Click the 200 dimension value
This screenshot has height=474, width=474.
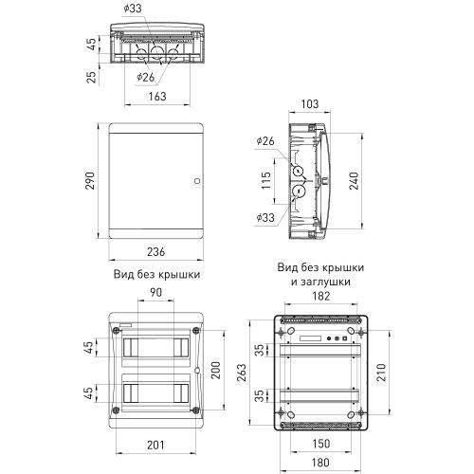coord(215,368)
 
